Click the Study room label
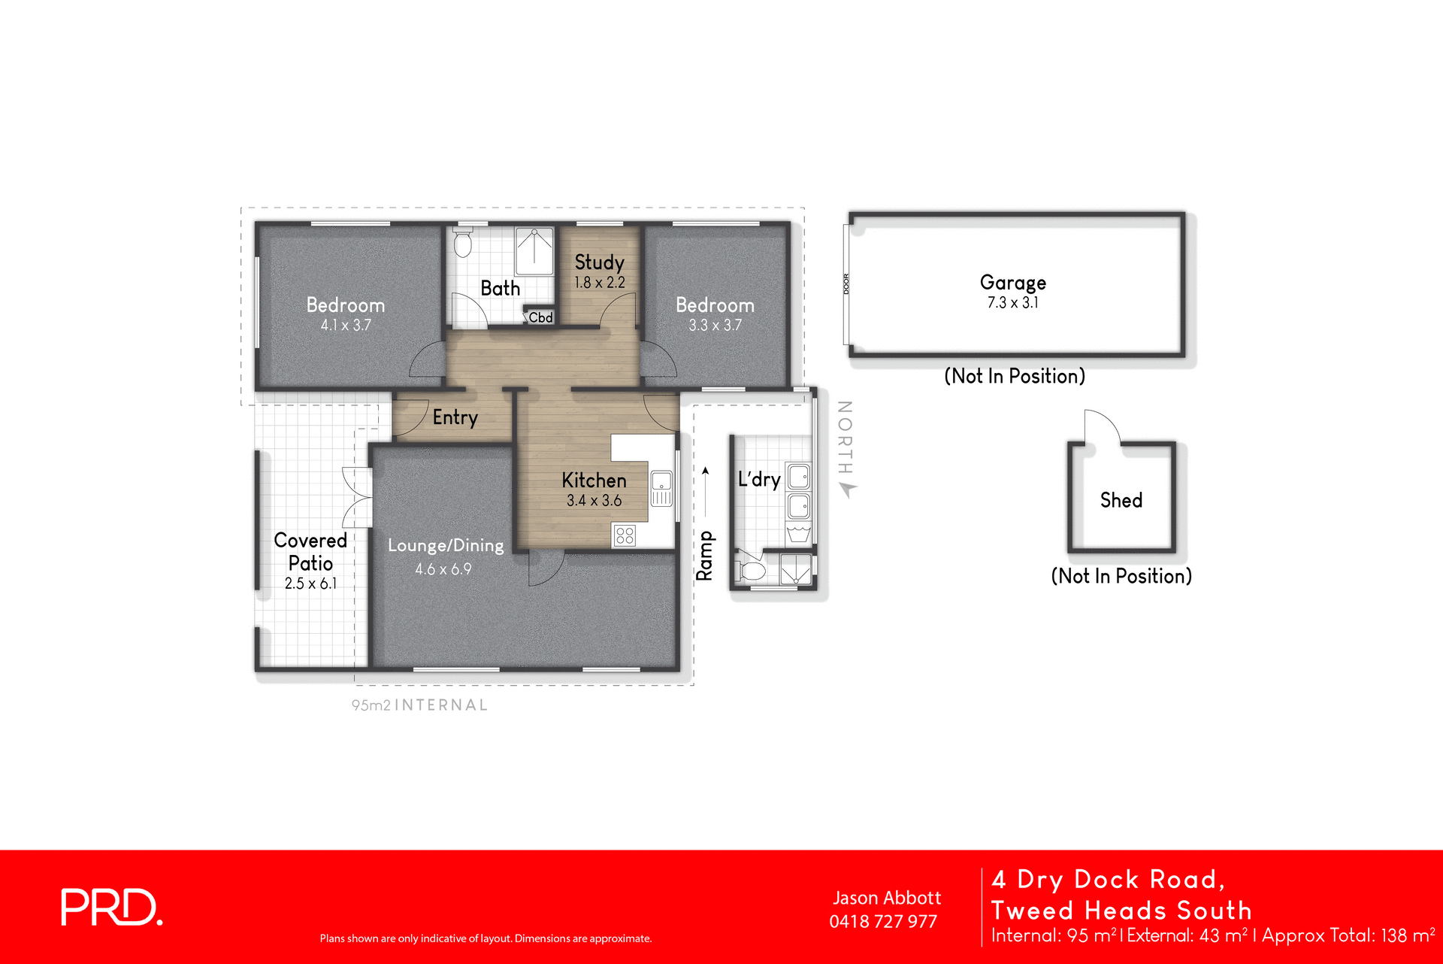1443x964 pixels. tap(599, 262)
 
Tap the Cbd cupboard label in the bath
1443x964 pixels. tap(540, 317)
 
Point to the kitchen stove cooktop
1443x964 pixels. tap(625, 535)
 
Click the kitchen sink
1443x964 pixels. tap(661, 488)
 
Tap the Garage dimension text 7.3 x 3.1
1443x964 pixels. tap(1012, 303)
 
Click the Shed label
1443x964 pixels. tap(1121, 500)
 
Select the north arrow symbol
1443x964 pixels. tap(849, 490)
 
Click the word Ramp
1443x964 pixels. tap(704, 556)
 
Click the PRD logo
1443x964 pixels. tap(111, 907)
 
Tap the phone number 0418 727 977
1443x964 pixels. tap(883, 922)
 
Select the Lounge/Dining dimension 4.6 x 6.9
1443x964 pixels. tap(443, 569)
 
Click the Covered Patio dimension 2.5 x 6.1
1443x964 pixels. tap(310, 584)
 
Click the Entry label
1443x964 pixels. tap(455, 417)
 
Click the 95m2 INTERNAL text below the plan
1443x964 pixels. tap(419, 705)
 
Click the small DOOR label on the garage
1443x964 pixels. tap(846, 284)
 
